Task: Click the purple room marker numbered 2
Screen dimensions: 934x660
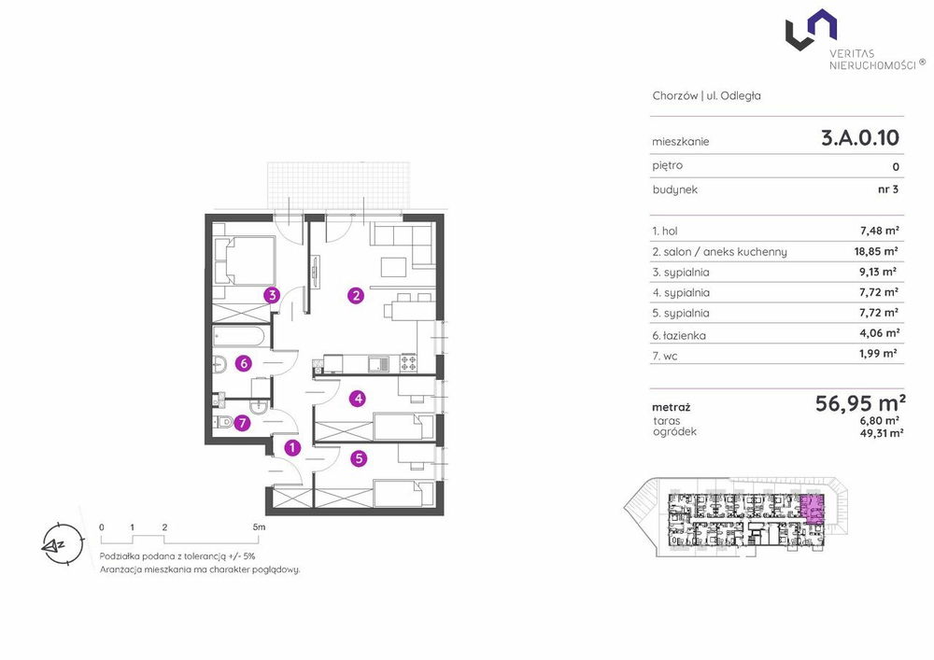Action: (x=356, y=295)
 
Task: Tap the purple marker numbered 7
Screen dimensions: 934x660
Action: (x=241, y=423)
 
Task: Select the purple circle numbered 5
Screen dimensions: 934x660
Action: (x=358, y=458)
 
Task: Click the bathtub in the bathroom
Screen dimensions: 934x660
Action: (x=238, y=336)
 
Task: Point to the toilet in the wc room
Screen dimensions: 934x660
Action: (x=223, y=423)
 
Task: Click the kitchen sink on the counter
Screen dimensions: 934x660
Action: (x=378, y=364)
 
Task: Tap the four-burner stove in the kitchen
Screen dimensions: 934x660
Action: (x=408, y=364)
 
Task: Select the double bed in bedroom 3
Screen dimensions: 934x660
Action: (x=244, y=260)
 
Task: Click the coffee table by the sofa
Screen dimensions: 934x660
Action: (x=394, y=267)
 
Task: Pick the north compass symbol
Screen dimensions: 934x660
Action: (x=62, y=544)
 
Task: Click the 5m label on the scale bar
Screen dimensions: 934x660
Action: (x=259, y=527)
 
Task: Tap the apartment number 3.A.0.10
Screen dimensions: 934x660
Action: (x=859, y=138)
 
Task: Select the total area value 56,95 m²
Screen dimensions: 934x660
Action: (x=860, y=403)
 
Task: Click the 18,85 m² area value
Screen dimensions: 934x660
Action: (x=876, y=251)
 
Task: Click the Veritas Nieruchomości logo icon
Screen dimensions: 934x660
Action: (x=811, y=30)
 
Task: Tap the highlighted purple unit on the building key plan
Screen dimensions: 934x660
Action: (x=812, y=510)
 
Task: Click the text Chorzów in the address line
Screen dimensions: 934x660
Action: (x=675, y=96)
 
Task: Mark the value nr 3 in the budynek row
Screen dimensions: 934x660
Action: (x=888, y=190)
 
